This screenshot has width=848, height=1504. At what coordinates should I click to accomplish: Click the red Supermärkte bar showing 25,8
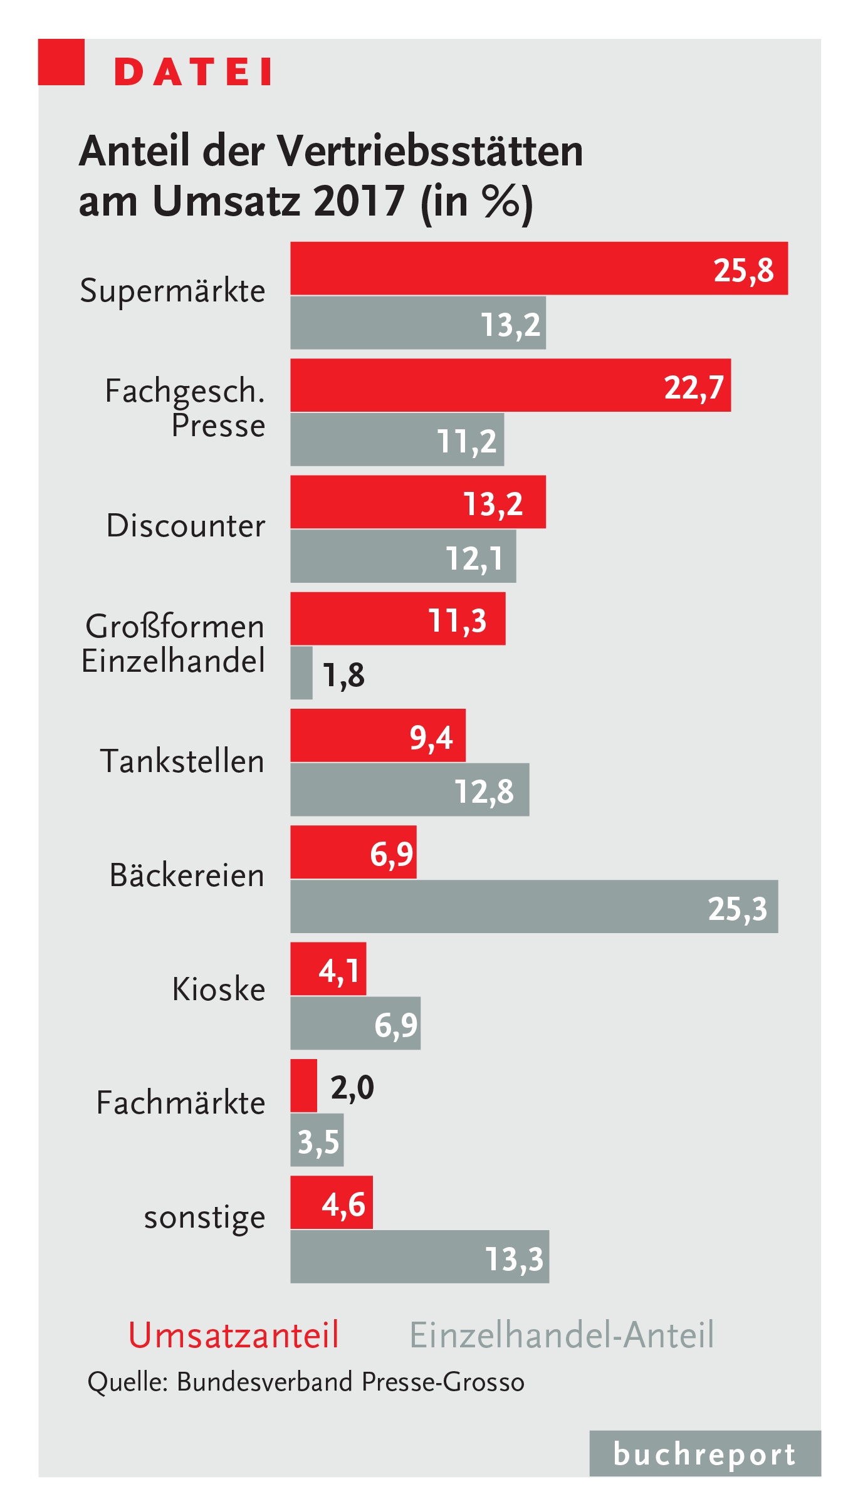pyautogui.click(x=539, y=268)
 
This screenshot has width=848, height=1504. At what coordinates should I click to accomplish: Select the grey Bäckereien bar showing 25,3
pyautogui.click(x=534, y=906)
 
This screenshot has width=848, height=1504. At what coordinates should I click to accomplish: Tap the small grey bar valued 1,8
pyautogui.click(x=301, y=672)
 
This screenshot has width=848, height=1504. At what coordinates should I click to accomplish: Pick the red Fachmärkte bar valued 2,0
pyautogui.click(x=304, y=1085)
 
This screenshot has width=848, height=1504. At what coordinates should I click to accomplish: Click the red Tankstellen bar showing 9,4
pyautogui.click(x=378, y=735)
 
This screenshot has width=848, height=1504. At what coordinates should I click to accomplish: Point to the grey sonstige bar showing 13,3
pyautogui.click(x=419, y=1256)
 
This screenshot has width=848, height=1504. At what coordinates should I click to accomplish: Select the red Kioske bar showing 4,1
pyautogui.click(x=328, y=969)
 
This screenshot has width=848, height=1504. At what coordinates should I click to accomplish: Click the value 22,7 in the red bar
pyautogui.click(x=694, y=387)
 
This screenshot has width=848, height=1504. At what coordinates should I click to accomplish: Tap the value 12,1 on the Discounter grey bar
pyautogui.click(x=474, y=558)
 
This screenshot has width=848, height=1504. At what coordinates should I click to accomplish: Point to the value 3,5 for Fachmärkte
pyautogui.click(x=318, y=1142)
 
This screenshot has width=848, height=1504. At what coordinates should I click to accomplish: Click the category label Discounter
pyautogui.click(x=186, y=525)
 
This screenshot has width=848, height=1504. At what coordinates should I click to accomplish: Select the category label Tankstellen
pyautogui.click(x=182, y=761)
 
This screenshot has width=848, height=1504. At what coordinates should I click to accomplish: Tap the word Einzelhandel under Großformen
pyautogui.click(x=173, y=661)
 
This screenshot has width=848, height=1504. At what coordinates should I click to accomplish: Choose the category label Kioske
pyautogui.click(x=219, y=989)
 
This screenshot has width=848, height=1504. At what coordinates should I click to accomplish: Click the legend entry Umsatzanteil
pyautogui.click(x=234, y=1334)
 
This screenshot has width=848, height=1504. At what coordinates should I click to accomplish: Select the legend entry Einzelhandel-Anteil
pyautogui.click(x=562, y=1334)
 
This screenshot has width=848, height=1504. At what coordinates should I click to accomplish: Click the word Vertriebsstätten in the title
pyautogui.click(x=430, y=151)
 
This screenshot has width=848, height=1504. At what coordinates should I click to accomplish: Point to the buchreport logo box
pyautogui.click(x=704, y=1453)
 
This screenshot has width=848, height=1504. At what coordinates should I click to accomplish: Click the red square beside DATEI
pyautogui.click(x=61, y=62)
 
